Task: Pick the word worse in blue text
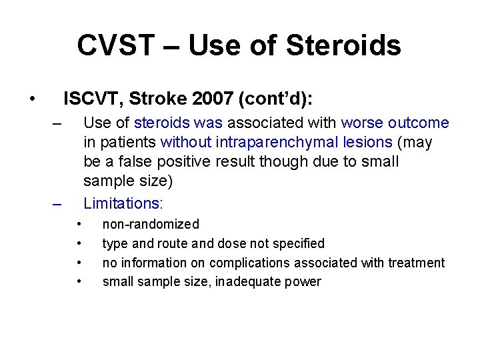pyautogui.click(x=361, y=123)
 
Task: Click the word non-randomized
pyautogui.click(x=151, y=224)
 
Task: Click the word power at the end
pyautogui.click(x=303, y=282)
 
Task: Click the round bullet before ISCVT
pyautogui.click(x=32, y=100)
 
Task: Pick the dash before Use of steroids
pyautogui.click(x=57, y=123)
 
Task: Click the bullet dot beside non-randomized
pyautogui.click(x=79, y=223)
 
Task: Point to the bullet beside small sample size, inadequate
pyautogui.click(x=79, y=281)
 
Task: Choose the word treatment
pyautogui.click(x=417, y=263)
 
